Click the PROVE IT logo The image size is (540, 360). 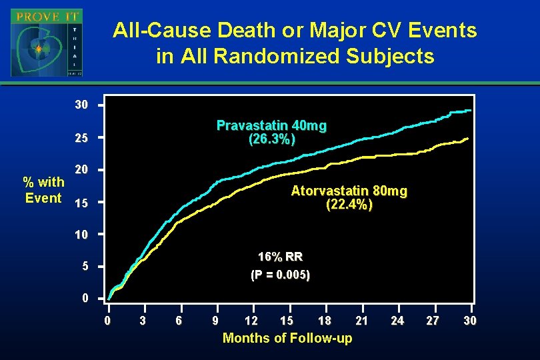pos(46,42)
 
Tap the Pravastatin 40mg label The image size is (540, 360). pos(271,125)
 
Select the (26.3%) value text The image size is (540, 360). pos(271,140)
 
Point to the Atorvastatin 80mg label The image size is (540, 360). pos(349,191)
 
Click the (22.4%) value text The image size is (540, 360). pos(349,205)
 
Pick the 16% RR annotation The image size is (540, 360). pos(280,257)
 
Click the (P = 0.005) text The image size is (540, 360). pos(280,275)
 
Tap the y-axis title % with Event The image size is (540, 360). pos(43,190)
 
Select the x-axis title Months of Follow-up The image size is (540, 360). pos(287,338)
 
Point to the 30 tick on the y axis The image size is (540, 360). pos(81,105)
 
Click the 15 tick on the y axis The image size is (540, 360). pos(81,203)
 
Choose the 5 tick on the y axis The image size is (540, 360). pos(85,267)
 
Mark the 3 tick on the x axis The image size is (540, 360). pos(143,321)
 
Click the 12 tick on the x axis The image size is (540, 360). pos(251,321)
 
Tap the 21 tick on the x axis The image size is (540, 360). pos(361,321)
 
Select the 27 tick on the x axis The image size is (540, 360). pos(433,321)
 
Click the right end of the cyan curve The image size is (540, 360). pos(471,110)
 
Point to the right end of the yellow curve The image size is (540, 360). pos(467,139)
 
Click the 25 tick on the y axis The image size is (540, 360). pos(81,138)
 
